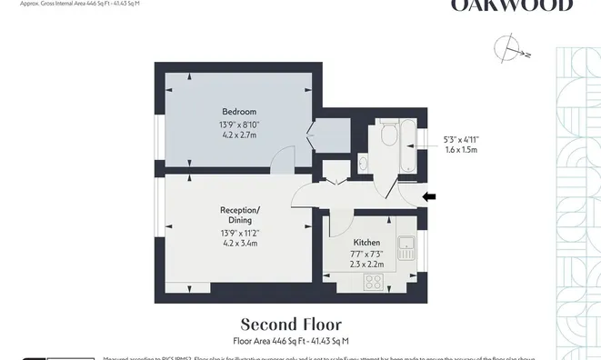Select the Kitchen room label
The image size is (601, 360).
(366, 243)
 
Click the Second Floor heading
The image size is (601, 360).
(291, 325)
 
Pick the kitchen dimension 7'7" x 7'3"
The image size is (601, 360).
(367, 255)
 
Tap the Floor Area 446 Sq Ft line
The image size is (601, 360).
(291, 341)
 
